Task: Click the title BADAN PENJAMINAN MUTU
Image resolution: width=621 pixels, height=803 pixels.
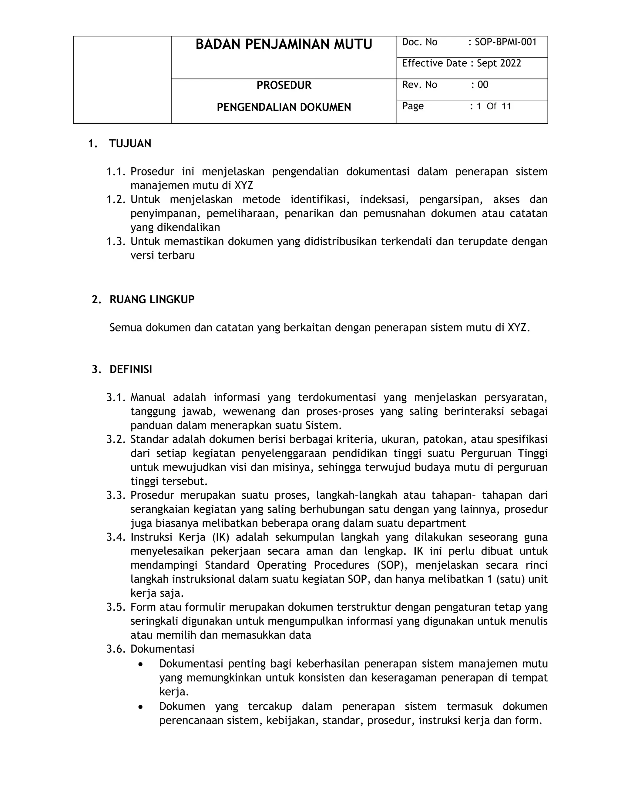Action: pyautogui.click(x=284, y=45)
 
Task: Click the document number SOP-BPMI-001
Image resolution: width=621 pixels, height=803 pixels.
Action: pyautogui.click(x=505, y=42)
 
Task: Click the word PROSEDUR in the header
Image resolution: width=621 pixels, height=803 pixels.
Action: pyautogui.click(x=284, y=85)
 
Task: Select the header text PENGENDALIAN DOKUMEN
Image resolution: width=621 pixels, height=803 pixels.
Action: pyautogui.click(x=284, y=107)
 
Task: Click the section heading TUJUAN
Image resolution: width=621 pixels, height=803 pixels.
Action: pyautogui.click(x=130, y=144)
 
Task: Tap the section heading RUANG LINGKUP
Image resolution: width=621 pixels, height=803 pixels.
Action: pyautogui.click(x=152, y=300)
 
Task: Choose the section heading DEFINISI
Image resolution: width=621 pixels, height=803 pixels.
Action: pyautogui.click(x=131, y=369)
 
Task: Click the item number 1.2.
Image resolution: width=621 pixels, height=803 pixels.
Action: pyautogui.click(x=116, y=200)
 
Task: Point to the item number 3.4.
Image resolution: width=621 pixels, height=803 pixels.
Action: pyautogui.click(x=116, y=537)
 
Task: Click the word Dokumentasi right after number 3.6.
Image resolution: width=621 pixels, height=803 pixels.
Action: pyautogui.click(x=162, y=649)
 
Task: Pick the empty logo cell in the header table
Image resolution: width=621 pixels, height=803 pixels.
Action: pyautogui.click(x=122, y=80)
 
